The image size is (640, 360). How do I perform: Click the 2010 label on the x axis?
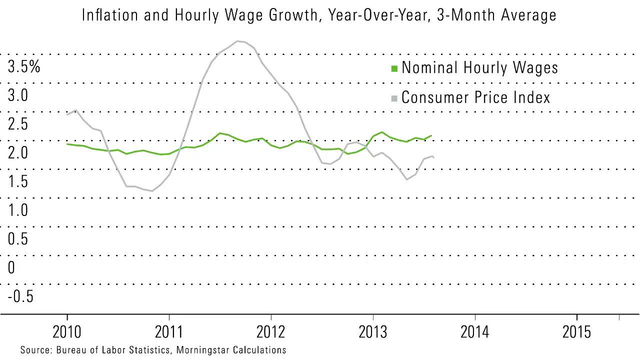tap(67, 332)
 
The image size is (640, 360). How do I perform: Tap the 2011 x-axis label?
tap(169, 332)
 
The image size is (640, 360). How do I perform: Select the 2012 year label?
tap(271, 332)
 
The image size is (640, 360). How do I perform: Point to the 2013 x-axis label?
tap(373, 332)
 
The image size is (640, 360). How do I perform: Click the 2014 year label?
tap(475, 332)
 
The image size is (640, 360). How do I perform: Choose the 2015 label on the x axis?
tap(576, 332)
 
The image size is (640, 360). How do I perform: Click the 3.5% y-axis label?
tap(24, 66)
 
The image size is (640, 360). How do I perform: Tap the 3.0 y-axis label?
tap(18, 95)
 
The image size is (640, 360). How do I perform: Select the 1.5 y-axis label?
tap(18, 181)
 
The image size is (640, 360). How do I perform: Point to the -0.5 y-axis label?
tap(20, 296)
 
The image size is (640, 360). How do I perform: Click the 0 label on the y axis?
tap(11, 268)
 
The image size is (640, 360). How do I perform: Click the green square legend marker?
tap(394, 68)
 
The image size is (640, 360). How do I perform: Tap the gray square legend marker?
tap(394, 98)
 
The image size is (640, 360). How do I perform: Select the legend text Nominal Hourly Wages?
tap(479, 67)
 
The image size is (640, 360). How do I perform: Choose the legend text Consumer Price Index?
tap(475, 97)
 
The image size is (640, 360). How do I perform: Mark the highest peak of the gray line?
tap(239, 41)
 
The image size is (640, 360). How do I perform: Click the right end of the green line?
tap(431, 135)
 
